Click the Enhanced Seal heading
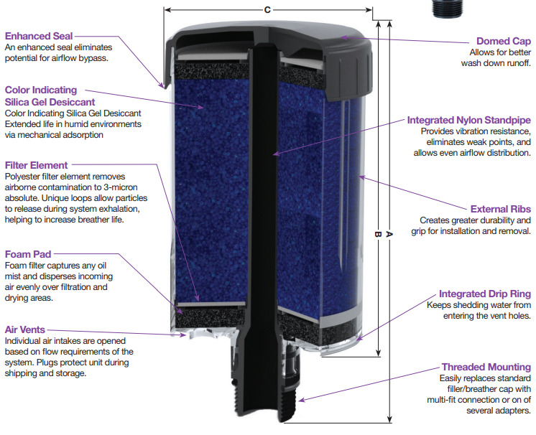[x=39, y=36]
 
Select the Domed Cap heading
[x=504, y=41]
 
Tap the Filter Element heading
[x=36, y=165]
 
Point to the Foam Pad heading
[x=28, y=254]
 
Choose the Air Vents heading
[x=25, y=329]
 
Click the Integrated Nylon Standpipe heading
[x=469, y=120]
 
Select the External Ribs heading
[x=501, y=209]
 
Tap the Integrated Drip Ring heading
[x=485, y=294]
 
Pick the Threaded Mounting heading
[x=486, y=367]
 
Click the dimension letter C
[x=267, y=10]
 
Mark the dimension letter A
[x=389, y=234]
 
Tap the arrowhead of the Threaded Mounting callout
[x=300, y=400]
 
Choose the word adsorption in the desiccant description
[x=80, y=135]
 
